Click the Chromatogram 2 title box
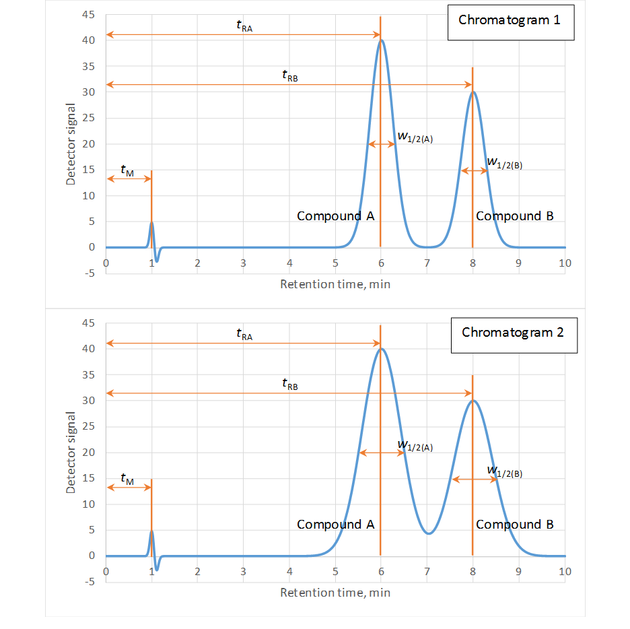[513, 333]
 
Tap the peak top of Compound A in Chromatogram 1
[382, 40]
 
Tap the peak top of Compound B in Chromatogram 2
[473, 401]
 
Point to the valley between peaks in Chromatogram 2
[428, 533]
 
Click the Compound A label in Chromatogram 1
[335, 216]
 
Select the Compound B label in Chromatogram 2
[515, 525]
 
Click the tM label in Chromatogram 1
[127, 171]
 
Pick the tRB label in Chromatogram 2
[289, 384]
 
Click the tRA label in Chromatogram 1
[244, 26]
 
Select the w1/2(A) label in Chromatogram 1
[415, 137]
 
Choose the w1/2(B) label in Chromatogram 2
[504, 471]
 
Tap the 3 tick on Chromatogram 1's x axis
[244, 263]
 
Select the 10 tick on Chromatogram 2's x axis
[564, 572]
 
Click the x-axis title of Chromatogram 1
[335, 284]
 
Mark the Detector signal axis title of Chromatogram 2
[71, 452]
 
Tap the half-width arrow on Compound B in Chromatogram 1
[475, 171]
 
